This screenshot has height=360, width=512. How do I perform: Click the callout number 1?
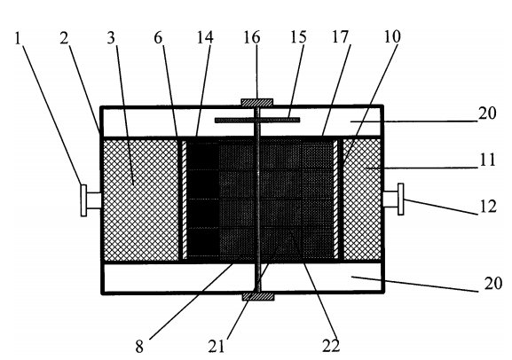pyautogui.click(x=18, y=38)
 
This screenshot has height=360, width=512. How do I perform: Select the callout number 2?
pyautogui.click(x=64, y=38)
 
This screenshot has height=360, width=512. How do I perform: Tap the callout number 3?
pyautogui.click(x=111, y=38)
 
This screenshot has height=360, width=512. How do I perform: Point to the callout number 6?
pyautogui.click(x=158, y=37)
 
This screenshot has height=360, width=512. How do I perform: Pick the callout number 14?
pyautogui.click(x=205, y=37)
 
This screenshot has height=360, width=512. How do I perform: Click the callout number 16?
pyautogui.click(x=252, y=37)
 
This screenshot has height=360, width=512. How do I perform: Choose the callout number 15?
pyautogui.click(x=298, y=37)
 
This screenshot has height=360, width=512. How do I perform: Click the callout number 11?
pyautogui.click(x=487, y=160)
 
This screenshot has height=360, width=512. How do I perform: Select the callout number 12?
pyautogui.click(x=488, y=207)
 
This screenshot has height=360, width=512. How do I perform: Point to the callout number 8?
pyautogui.click(x=139, y=347)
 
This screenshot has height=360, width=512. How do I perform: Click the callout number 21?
pyautogui.click(x=217, y=346)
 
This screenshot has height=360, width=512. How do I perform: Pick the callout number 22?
pyautogui.click(x=331, y=346)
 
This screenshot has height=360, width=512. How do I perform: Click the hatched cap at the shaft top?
pyautogui.click(x=257, y=103)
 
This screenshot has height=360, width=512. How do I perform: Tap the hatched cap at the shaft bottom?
pyautogui.click(x=258, y=296)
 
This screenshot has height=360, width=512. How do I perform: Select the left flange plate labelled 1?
pyautogui.click(x=84, y=200)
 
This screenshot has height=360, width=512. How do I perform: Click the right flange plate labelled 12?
pyautogui.click(x=401, y=200)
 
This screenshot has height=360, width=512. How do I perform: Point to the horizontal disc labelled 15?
pyautogui.click(x=257, y=120)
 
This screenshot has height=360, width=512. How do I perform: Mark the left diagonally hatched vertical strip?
pyautogui.click(x=185, y=200)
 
